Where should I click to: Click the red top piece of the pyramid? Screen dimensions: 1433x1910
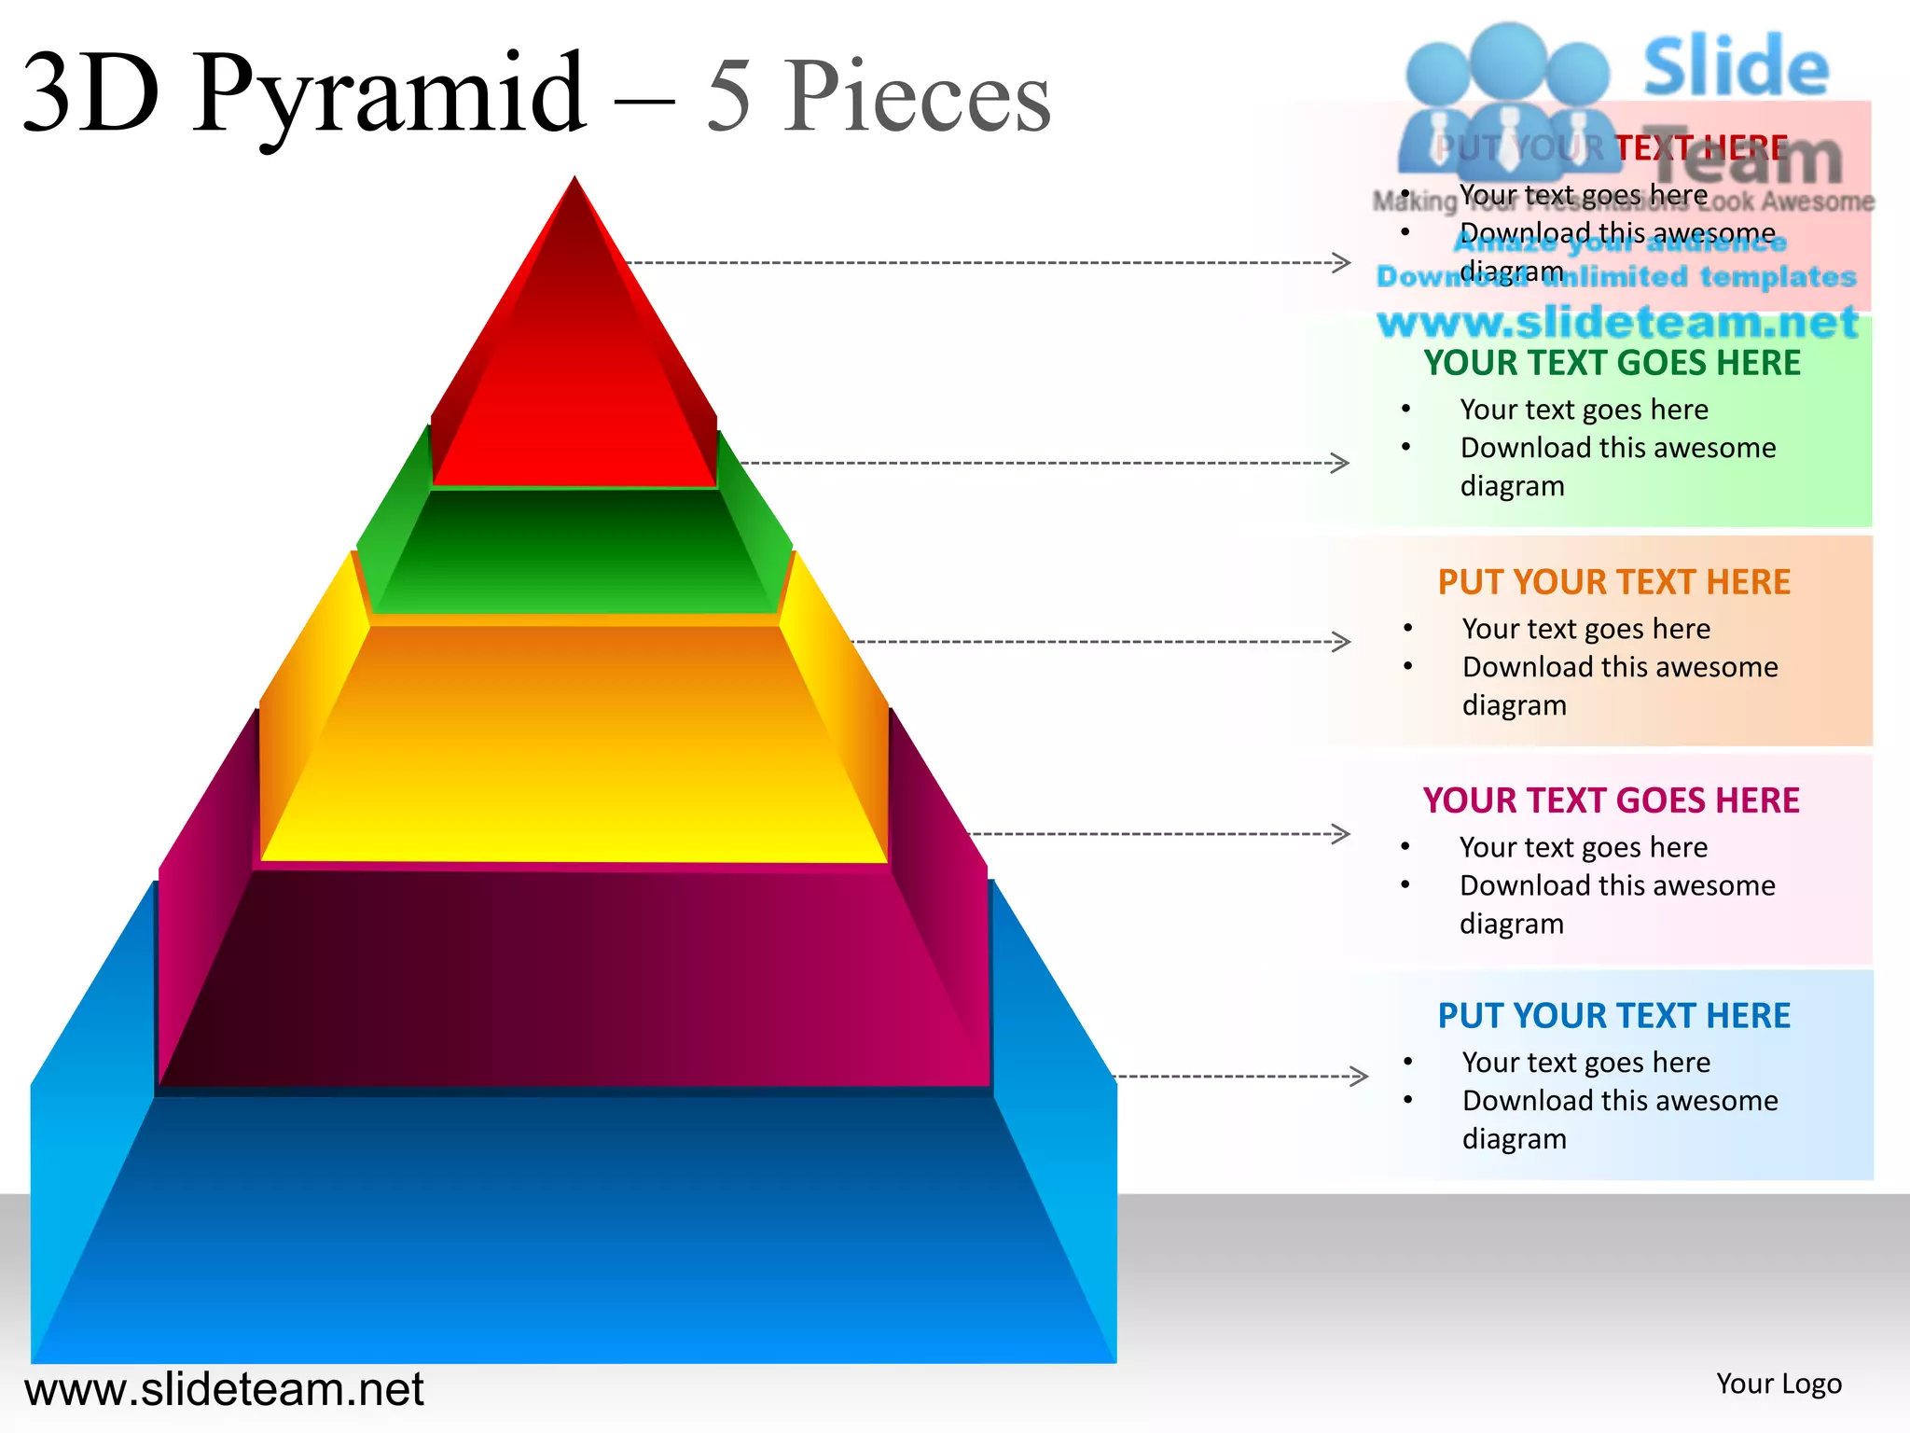574,392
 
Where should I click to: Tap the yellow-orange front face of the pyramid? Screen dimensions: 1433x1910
574,746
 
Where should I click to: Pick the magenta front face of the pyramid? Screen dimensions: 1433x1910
574,980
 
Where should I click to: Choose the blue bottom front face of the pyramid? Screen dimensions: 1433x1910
574,1231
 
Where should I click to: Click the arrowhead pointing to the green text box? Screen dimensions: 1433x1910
1340,463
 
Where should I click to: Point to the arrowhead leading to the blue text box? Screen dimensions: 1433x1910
1359,1077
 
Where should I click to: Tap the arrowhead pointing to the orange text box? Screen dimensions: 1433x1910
1341,642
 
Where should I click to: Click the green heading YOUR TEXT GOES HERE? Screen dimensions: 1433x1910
1612,363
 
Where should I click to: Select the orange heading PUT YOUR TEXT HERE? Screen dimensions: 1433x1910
1613,582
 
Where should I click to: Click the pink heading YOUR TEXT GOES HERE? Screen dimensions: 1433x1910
1611,800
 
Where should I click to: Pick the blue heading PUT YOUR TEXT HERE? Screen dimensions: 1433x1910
1613,1016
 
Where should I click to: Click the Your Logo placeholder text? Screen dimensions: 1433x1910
1779,1384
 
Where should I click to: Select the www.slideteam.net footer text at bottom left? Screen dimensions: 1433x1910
224,1389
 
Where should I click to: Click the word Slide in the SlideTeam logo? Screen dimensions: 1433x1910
1736,67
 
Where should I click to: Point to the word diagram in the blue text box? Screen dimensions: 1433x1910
1514,1139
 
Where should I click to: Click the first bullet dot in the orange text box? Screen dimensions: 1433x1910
1407,629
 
